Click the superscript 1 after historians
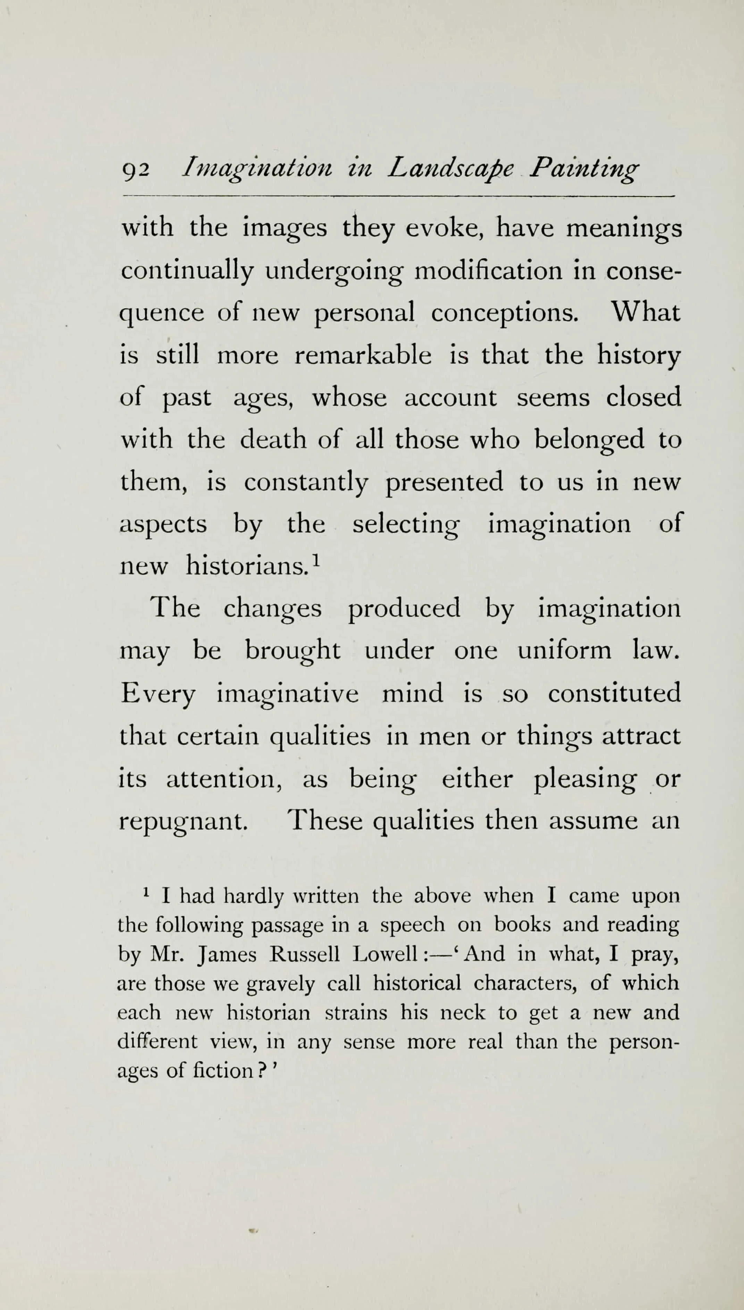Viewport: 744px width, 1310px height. coord(316,561)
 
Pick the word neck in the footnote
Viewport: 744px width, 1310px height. coord(462,1013)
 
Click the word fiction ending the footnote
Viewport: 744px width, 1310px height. coord(223,1070)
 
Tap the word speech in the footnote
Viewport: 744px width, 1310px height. coord(413,926)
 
